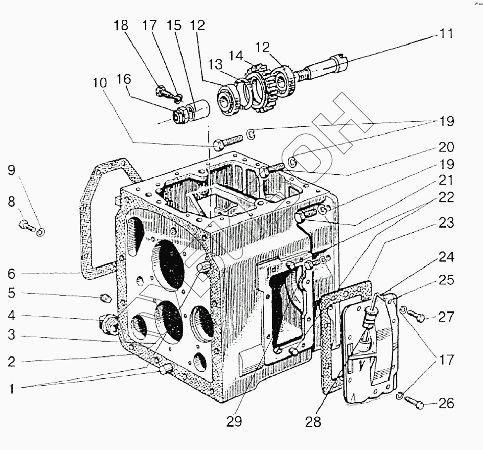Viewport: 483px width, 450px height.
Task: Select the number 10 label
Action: [x=99, y=83]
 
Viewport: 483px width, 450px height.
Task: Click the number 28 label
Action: [x=313, y=421]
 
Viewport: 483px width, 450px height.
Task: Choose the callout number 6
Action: [x=11, y=273]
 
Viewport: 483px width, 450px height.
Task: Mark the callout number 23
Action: [x=446, y=223]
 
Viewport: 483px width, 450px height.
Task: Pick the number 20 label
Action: [x=446, y=147]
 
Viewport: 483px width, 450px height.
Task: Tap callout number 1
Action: [x=11, y=389]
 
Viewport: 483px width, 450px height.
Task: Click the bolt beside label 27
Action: [x=417, y=316]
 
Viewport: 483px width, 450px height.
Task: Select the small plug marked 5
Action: [x=104, y=299]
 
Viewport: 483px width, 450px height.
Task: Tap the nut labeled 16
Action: [x=179, y=116]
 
